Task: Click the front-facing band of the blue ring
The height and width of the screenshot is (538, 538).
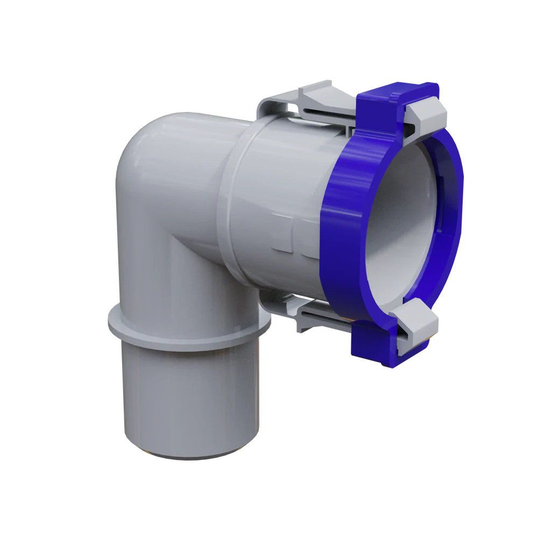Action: tap(344, 226)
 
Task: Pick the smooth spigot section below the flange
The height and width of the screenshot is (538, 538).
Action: tap(188, 398)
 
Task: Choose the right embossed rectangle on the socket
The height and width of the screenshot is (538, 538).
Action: tap(309, 237)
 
